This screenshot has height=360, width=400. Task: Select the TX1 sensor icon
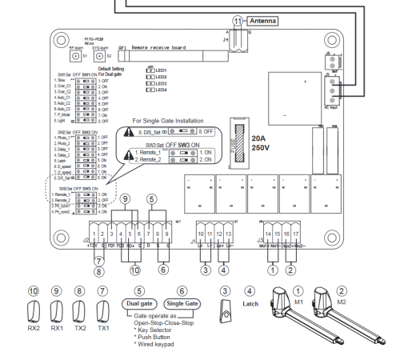[101, 309]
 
